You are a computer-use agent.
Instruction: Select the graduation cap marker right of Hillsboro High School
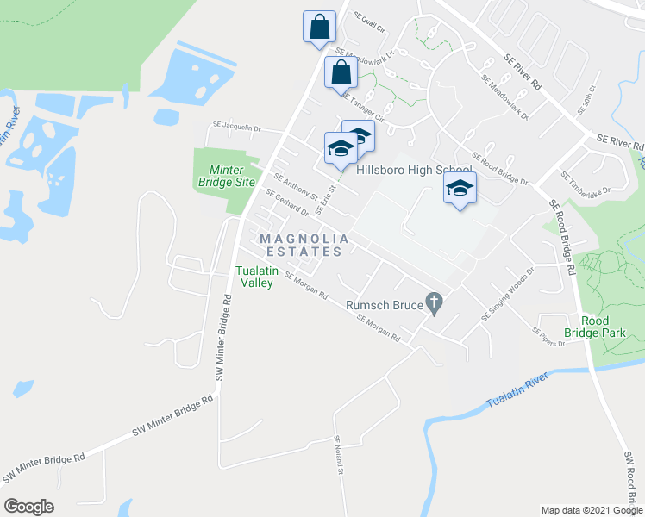pyautogui.click(x=460, y=189)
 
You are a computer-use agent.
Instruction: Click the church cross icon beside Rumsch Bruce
pyautogui.click(x=435, y=303)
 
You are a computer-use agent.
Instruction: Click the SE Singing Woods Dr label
pyautogui.click(x=508, y=293)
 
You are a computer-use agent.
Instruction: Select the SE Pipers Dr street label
pyautogui.click(x=548, y=336)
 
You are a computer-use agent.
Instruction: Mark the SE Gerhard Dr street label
pyautogui.click(x=287, y=203)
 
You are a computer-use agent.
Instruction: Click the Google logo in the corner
pyautogui.click(x=28, y=507)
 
